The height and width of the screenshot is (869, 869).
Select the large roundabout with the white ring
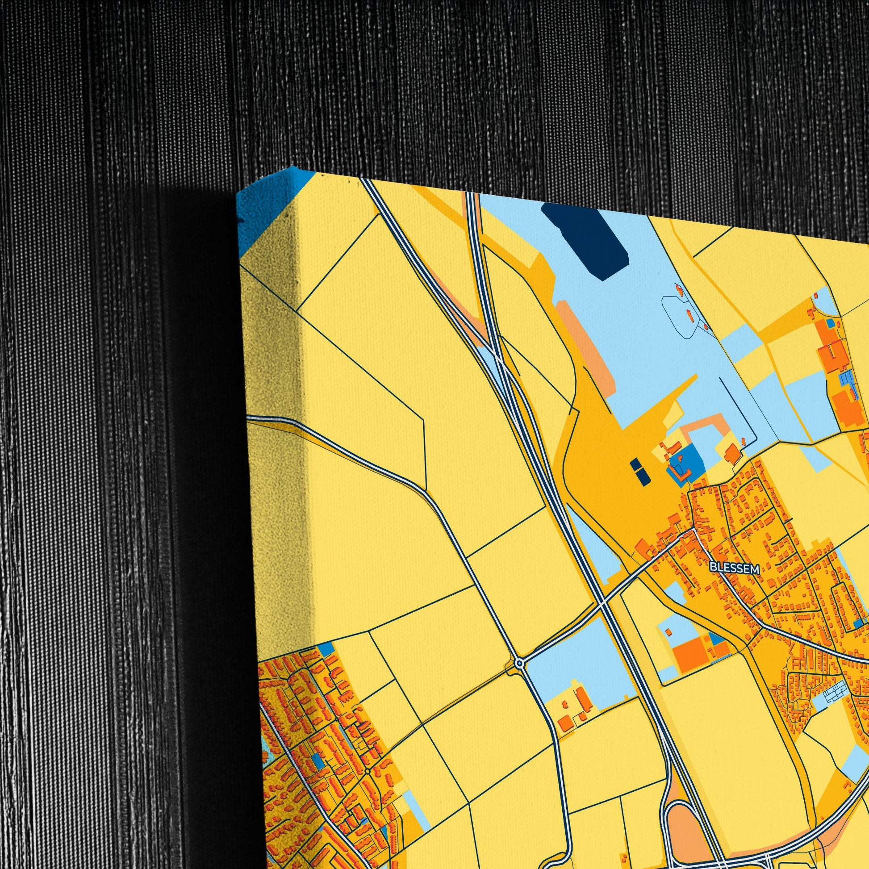tap(519, 663)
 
